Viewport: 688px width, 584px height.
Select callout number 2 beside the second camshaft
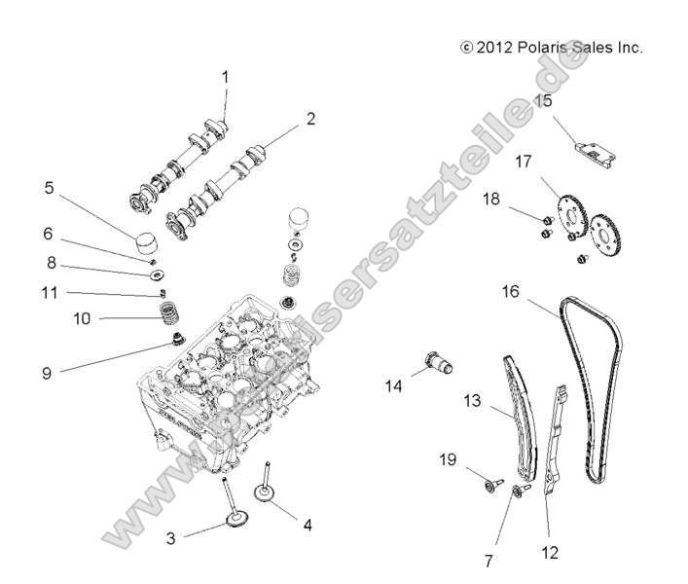(x=283, y=119)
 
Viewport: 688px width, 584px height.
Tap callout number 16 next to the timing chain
(x=511, y=291)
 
